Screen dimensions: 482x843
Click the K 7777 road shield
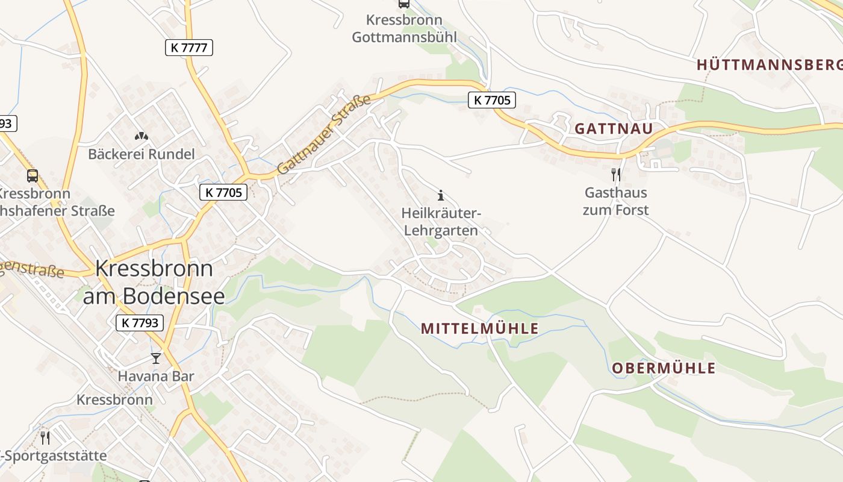tap(189, 48)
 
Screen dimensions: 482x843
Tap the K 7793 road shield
tap(140, 323)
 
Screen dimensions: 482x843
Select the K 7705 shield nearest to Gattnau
tap(492, 100)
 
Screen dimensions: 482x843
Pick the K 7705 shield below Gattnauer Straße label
tap(223, 192)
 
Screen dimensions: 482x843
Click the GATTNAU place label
tap(614, 128)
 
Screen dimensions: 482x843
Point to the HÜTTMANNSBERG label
tap(769, 65)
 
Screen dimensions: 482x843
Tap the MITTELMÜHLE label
tap(479, 328)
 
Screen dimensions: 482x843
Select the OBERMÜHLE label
tap(664, 368)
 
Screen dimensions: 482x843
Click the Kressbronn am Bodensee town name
tap(154, 281)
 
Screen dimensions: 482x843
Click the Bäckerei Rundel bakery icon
tap(142, 137)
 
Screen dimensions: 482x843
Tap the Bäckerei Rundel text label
tap(142, 154)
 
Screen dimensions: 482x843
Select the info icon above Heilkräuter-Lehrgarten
tap(441, 195)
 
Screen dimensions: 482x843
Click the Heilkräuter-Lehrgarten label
tap(441, 222)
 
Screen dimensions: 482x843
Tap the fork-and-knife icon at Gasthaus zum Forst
tap(615, 175)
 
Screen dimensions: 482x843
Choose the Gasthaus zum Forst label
tap(615, 201)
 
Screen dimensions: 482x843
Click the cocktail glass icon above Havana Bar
tap(156, 358)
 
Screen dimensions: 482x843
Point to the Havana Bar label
tap(156, 377)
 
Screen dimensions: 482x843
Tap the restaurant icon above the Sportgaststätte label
tap(45, 437)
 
